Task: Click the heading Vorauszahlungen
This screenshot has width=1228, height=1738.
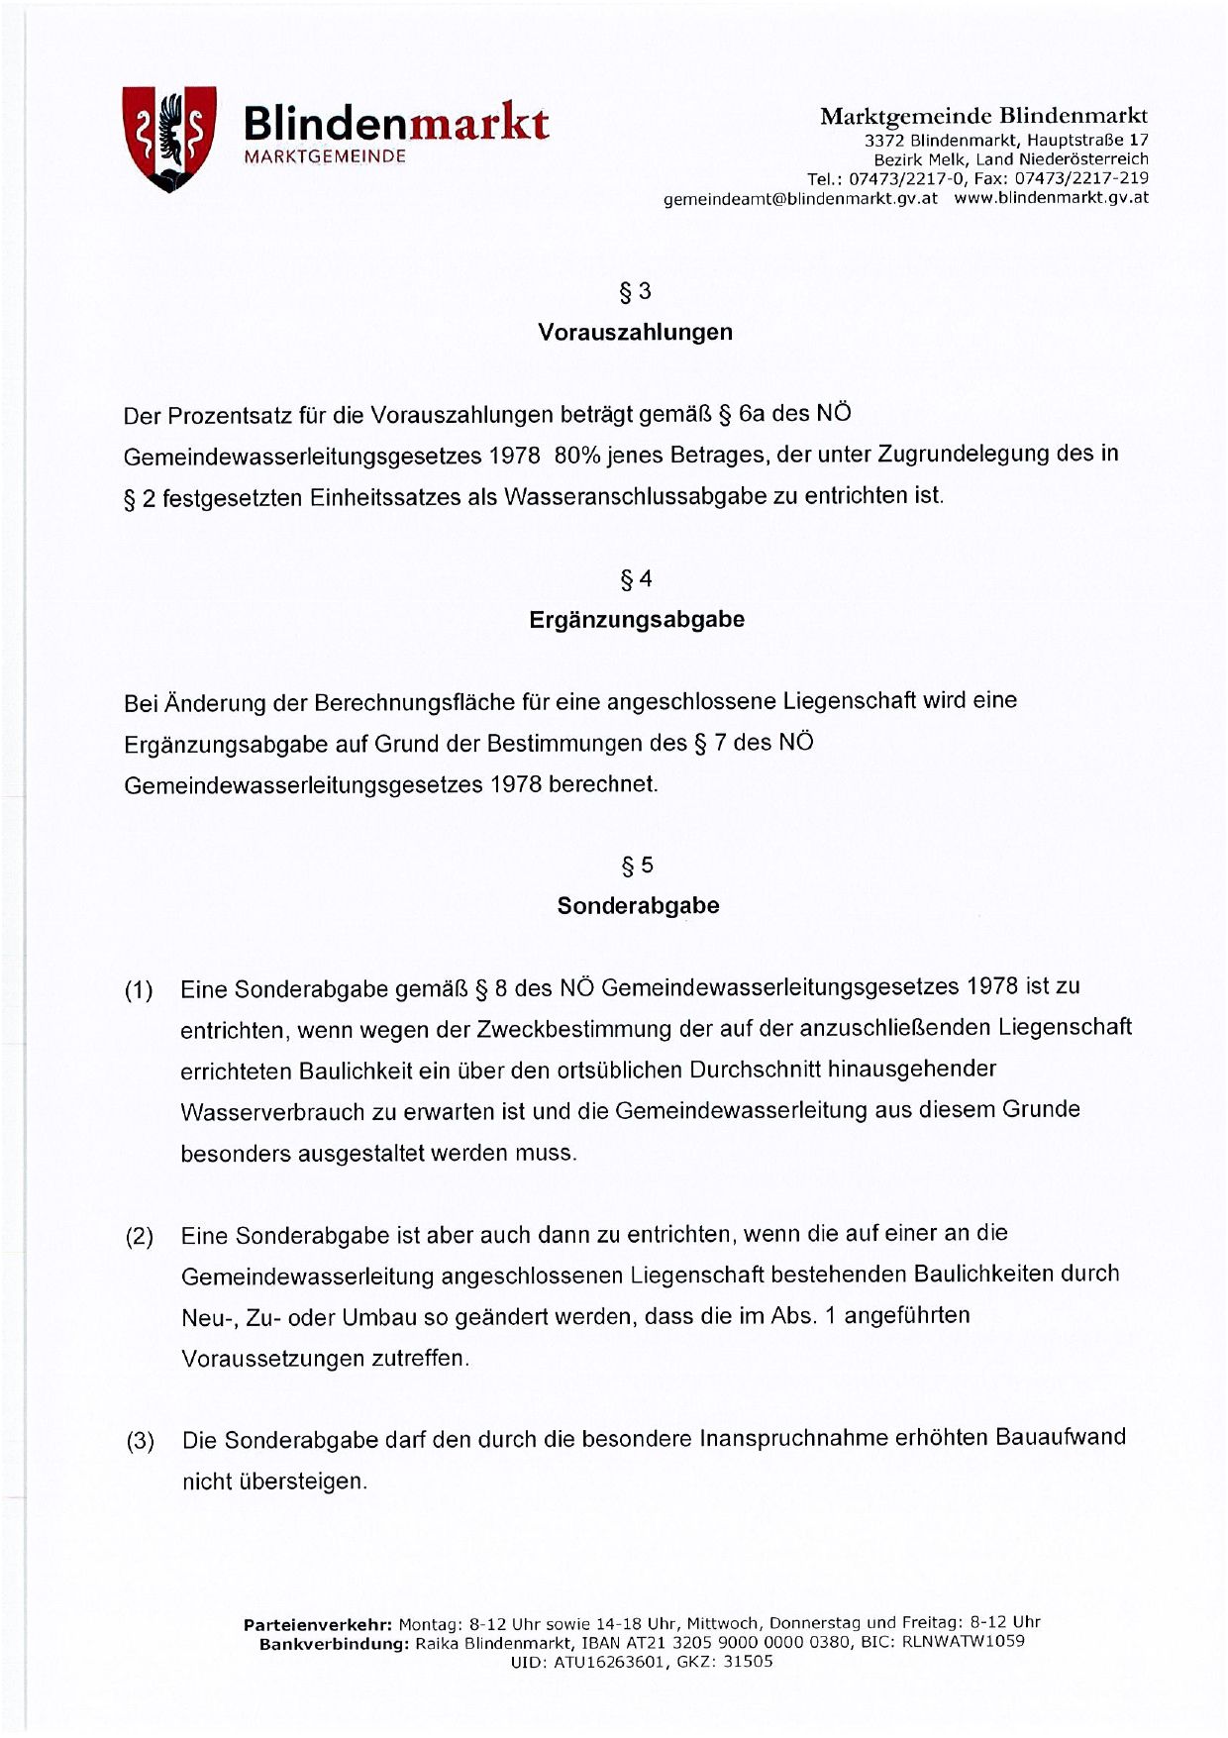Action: tap(635, 333)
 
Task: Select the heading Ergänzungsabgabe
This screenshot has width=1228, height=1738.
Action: tap(636, 620)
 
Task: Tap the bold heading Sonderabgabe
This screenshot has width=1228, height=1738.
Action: tap(638, 906)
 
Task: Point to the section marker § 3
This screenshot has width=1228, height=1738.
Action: tap(635, 291)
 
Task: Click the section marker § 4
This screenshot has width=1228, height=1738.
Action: tap(636, 579)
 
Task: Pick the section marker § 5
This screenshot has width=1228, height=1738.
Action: tap(637, 866)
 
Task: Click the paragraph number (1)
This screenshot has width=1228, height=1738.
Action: tap(139, 990)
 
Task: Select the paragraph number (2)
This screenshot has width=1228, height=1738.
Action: tap(139, 1237)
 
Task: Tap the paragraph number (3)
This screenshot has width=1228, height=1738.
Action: tap(140, 1441)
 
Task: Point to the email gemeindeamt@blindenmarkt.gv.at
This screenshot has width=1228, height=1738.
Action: tap(800, 198)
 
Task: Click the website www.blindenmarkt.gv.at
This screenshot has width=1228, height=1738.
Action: tap(1051, 198)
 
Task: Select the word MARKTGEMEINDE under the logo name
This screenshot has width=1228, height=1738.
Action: tap(325, 157)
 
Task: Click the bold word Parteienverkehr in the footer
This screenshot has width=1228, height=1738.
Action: tap(317, 1624)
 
